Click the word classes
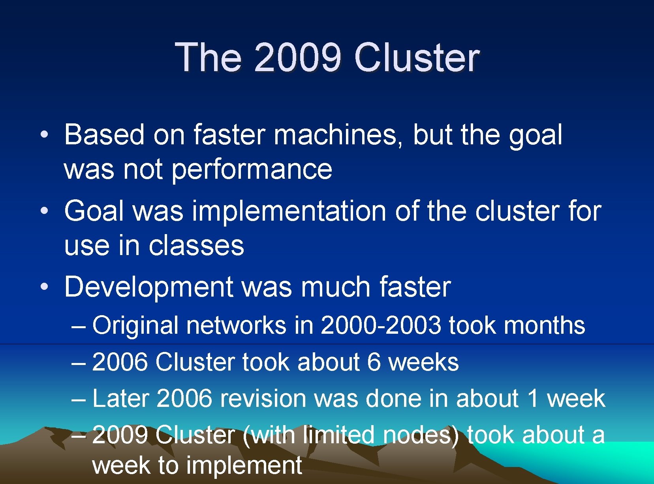tap(196, 246)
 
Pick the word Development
tap(149, 287)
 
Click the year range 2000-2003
tap(381, 325)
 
